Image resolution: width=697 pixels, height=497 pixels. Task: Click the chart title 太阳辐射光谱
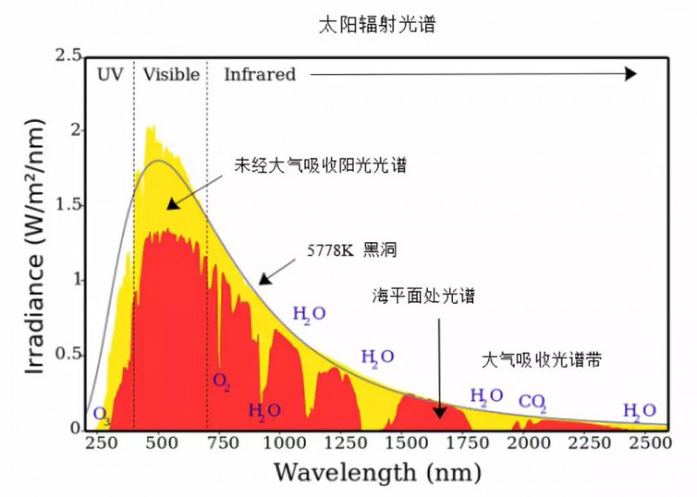(x=376, y=25)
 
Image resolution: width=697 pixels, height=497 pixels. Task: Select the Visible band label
(x=172, y=74)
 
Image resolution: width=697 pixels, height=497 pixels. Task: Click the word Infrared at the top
(x=260, y=74)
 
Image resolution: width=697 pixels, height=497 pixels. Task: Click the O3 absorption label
(x=101, y=413)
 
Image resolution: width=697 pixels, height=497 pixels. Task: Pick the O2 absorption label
(x=221, y=380)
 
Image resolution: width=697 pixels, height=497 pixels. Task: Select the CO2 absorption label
(x=531, y=402)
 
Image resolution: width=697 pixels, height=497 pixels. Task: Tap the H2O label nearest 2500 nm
(x=639, y=411)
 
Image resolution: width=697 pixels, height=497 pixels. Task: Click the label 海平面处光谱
(x=433, y=296)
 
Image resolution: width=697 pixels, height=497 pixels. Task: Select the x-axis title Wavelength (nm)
(x=377, y=473)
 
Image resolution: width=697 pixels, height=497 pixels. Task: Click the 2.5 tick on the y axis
(x=68, y=56)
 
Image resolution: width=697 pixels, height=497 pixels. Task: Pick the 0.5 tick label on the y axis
(x=68, y=355)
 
